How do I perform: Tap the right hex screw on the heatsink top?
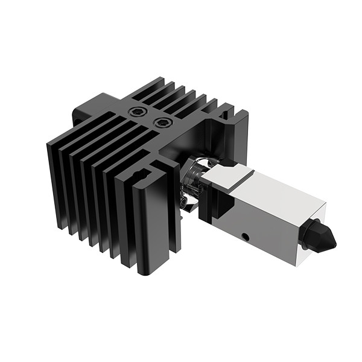161,122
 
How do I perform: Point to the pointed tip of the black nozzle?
334,244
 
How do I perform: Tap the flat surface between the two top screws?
150,118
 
